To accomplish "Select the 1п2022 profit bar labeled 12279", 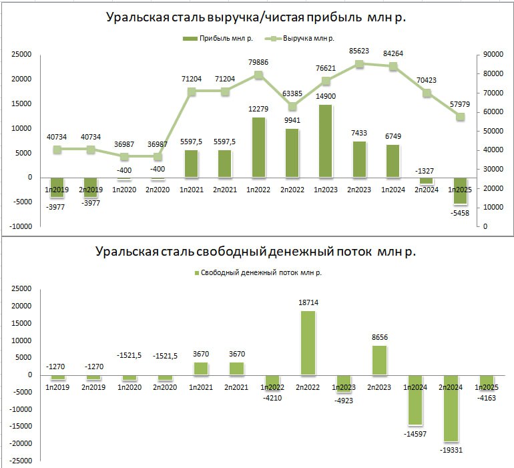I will coord(258,148).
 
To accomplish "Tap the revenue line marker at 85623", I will coord(359,64).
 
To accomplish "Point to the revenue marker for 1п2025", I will coord(461,116).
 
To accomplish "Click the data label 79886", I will coord(258,62).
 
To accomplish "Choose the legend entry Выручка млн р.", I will coord(308,38).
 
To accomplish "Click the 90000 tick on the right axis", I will coord(495,54).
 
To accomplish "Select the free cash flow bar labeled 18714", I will coord(308,342).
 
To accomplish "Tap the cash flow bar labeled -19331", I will coord(451,408).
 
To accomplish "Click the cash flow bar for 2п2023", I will coord(379,360).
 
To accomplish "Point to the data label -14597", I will coord(415,435).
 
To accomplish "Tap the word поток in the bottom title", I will coord(351,252).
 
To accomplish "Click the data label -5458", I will coord(461,213).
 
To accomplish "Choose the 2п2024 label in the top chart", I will coord(427,189).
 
